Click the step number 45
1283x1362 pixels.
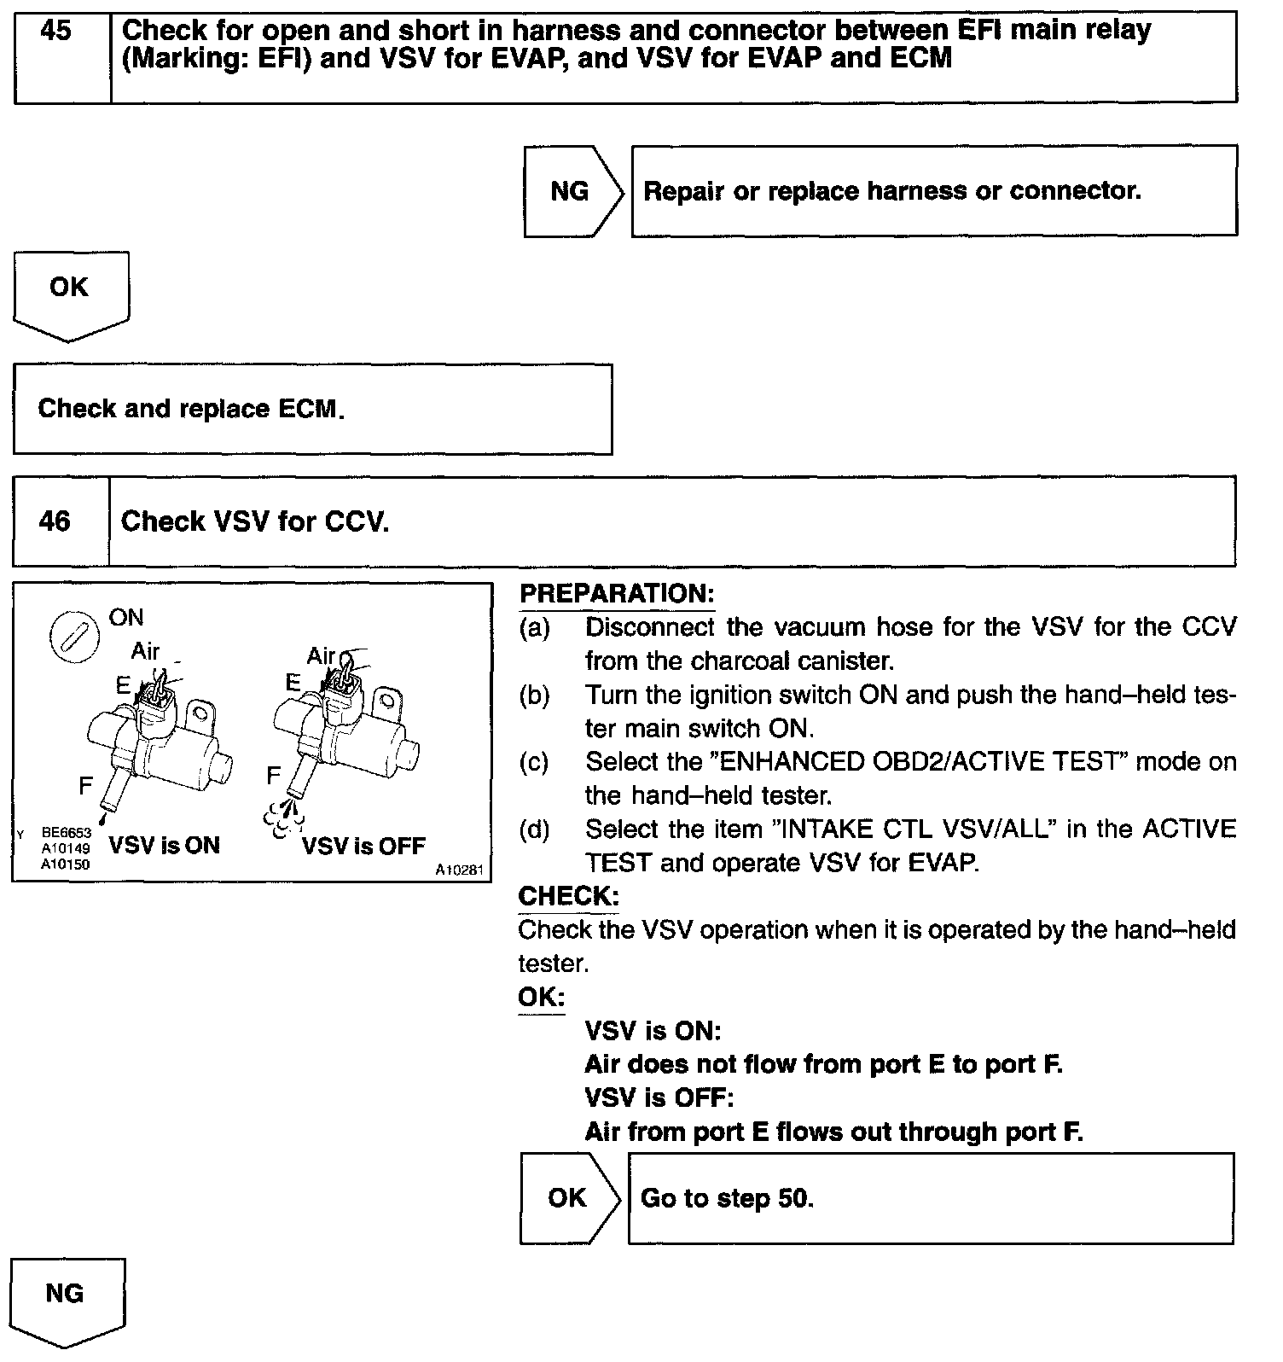56,32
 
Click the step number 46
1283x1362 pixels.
55,521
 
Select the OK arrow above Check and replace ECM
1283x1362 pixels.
69,289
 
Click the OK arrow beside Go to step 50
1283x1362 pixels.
568,1198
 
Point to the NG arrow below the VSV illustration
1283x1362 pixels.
66,1295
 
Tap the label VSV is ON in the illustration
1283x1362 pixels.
165,846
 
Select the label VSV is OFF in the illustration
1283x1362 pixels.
363,846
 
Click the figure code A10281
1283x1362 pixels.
460,870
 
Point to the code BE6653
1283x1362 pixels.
66,832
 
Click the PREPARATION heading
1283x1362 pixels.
617,594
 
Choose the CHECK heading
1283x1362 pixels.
568,896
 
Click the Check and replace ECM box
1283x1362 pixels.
312,410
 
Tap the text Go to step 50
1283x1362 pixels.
727,1198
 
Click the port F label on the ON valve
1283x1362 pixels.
85,785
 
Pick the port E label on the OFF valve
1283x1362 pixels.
293,683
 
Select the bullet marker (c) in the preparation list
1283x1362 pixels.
534,762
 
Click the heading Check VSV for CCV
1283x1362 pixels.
255,521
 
